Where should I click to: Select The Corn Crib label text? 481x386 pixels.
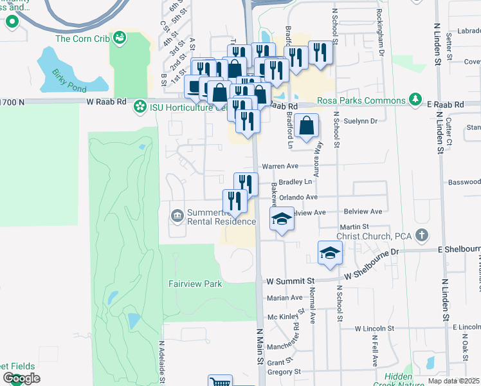(82, 39)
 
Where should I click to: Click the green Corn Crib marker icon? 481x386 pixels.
(119, 39)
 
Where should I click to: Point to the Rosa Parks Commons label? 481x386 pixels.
(364, 101)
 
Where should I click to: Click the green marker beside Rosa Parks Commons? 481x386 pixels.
(416, 101)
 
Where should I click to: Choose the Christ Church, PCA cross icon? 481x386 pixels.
(421, 235)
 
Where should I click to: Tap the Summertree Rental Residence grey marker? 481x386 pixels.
(176, 214)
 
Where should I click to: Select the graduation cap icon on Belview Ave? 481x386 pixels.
(281, 219)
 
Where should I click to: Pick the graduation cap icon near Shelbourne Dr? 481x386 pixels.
(329, 252)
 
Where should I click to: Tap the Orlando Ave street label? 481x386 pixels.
(303, 198)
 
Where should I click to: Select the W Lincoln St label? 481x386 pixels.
(378, 328)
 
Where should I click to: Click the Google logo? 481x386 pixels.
(21, 378)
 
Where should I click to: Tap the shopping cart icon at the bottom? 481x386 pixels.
(220, 381)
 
